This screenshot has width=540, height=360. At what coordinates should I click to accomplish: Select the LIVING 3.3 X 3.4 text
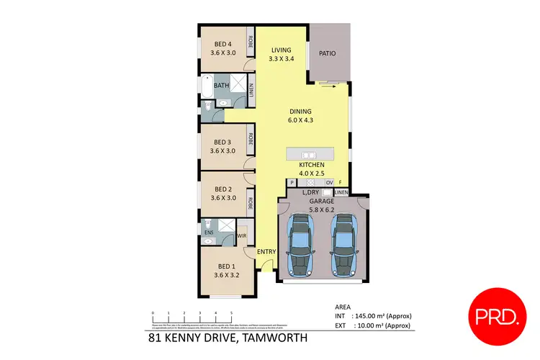281,55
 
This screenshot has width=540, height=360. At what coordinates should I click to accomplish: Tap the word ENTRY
266,251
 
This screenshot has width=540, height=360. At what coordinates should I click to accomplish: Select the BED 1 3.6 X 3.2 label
225,269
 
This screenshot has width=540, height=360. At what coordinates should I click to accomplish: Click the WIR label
243,234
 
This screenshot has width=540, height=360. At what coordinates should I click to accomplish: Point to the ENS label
210,233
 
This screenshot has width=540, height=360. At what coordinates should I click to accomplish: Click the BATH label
221,85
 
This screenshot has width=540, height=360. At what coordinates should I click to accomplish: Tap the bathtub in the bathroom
207,86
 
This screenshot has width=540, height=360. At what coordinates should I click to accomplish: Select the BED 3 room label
223,146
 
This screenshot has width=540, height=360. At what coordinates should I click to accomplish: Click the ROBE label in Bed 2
251,203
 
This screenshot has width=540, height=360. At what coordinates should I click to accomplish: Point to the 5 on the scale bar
231,312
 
